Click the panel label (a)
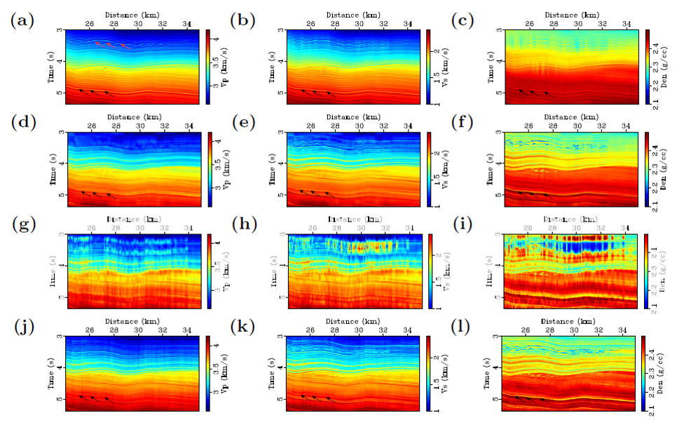point(22,21)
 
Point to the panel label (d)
point(22,123)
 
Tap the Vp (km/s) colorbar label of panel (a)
point(222,67)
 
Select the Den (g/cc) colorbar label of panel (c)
point(662,67)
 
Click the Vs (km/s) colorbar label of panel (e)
point(442,168)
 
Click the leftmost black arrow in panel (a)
point(83,91)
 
